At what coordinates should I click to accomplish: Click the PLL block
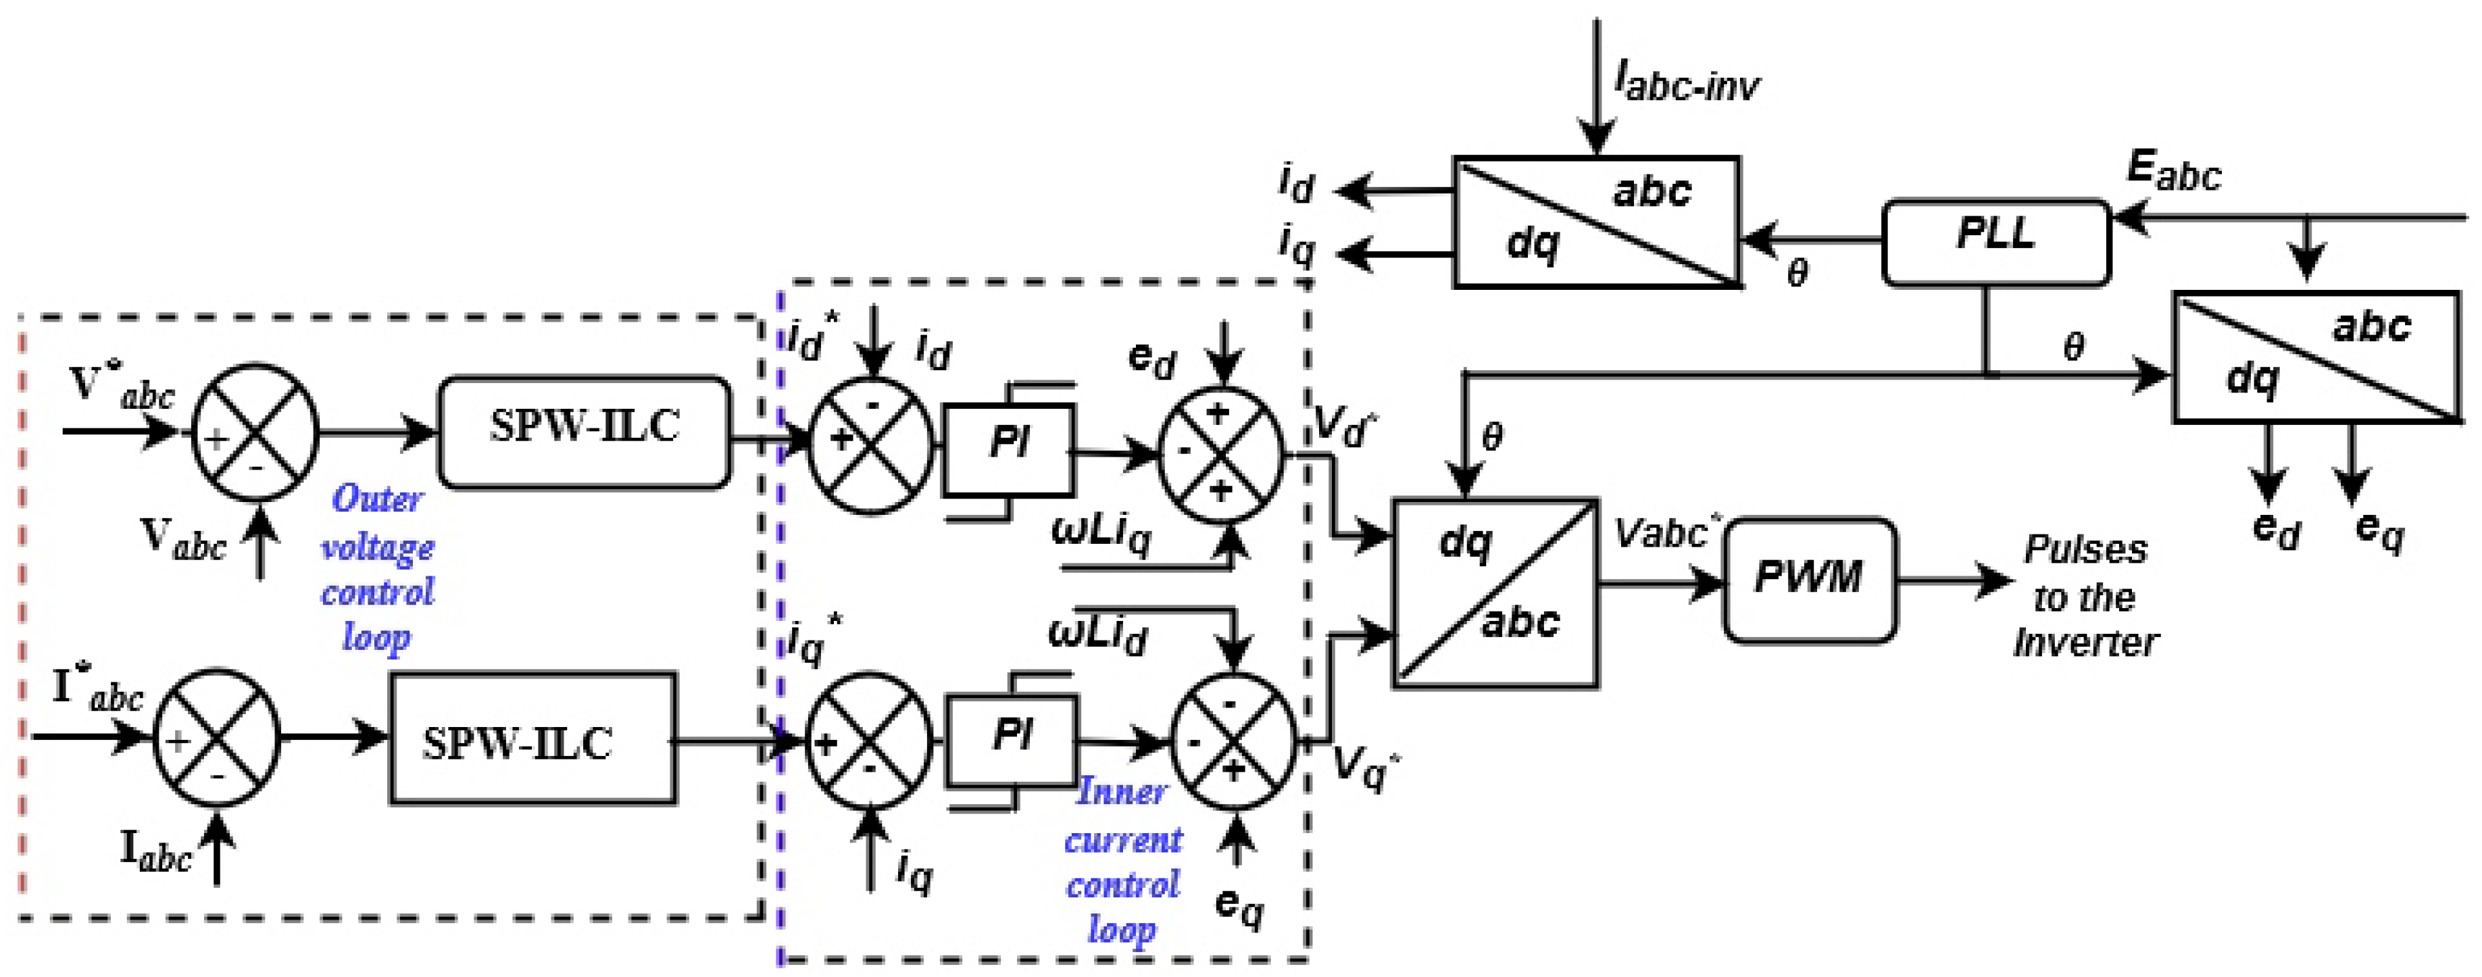(x=1996, y=242)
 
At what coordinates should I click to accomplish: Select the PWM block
(x=1810, y=580)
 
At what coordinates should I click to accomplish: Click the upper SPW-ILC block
(x=585, y=432)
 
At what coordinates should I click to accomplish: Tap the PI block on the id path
(x=1008, y=450)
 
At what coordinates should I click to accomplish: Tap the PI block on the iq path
(x=1012, y=740)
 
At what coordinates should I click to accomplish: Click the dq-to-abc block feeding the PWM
(x=1495, y=593)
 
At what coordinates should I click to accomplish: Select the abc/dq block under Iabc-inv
(x=1597, y=222)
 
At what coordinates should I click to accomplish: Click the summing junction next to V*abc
(x=255, y=432)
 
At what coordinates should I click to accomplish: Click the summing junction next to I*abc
(x=217, y=738)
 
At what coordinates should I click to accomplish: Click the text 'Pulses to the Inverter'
(x=2086, y=595)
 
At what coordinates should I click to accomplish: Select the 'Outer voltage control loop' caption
(x=378, y=568)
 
